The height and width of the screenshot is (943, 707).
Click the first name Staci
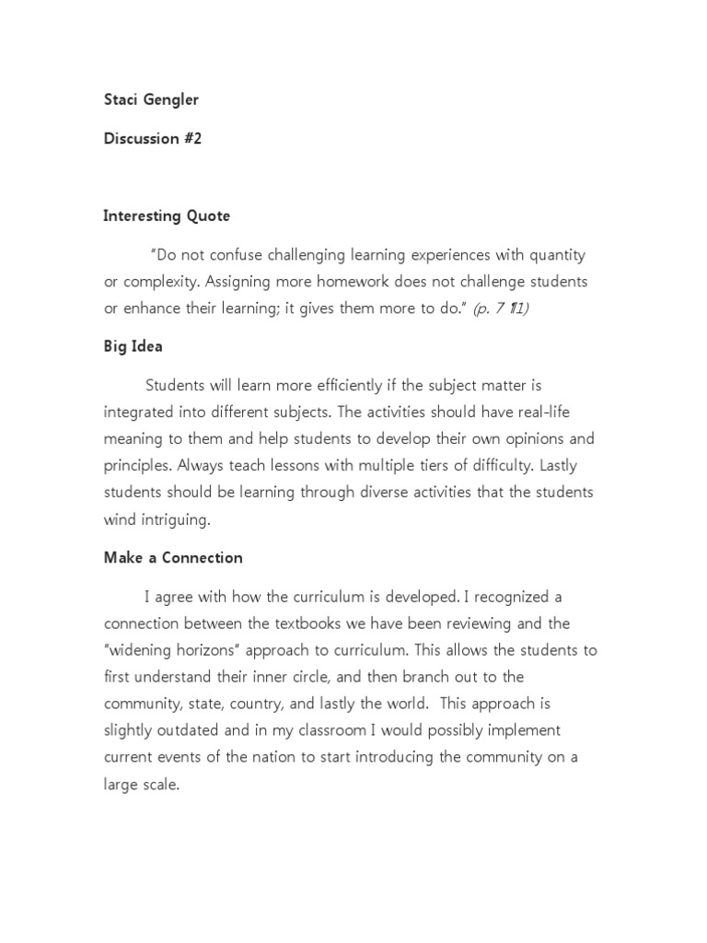click(121, 99)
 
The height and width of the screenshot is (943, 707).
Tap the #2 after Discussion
click(191, 138)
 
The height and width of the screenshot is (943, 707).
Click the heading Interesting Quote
click(167, 216)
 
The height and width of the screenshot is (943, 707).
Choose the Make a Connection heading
click(173, 558)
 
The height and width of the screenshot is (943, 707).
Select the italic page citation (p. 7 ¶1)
click(501, 309)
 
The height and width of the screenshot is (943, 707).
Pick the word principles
click(138, 465)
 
